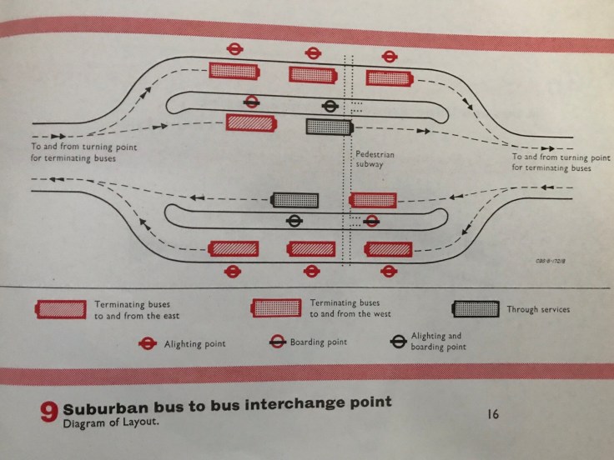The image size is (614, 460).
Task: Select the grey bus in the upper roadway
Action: [329, 126]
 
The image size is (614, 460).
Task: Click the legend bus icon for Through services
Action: [476, 309]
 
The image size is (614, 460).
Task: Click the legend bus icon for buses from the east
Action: [60, 309]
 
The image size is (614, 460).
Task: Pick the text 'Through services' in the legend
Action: [539, 309]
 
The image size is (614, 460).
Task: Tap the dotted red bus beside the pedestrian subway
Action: [372, 199]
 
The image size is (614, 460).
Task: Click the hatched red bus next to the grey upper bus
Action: [253, 123]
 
